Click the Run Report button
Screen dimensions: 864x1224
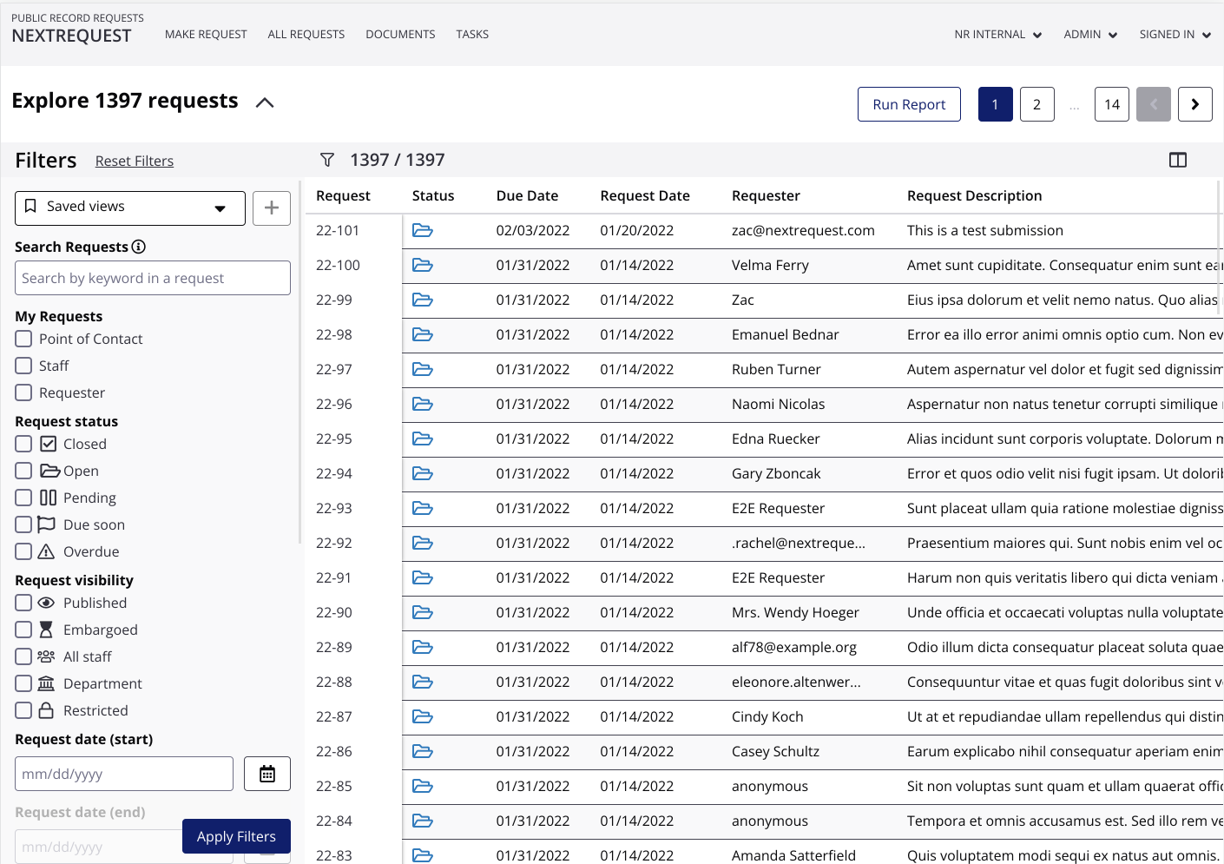[x=909, y=104]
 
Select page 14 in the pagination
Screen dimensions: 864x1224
[x=1111, y=104]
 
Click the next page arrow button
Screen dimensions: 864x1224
[x=1194, y=104]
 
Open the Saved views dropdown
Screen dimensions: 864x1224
[x=130, y=208]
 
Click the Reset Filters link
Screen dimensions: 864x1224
[x=135, y=161]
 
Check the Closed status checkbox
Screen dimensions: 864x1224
[x=24, y=444]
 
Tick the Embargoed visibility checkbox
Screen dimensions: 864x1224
[x=24, y=630]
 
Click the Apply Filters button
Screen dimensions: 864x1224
[x=236, y=836]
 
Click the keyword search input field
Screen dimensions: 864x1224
[x=153, y=278]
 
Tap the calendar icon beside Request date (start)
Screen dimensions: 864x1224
[x=267, y=774]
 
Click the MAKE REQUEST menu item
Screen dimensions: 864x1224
[x=206, y=35]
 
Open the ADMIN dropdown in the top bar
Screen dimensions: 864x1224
[x=1090, y=35]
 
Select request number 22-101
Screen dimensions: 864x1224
[x=338, y=230]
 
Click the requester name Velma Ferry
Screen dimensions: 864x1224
[x=770, y=265]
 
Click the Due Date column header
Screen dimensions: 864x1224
[x=527, y=196]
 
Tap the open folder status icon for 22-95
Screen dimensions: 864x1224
[x=423, y=439]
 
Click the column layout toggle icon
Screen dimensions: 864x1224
[x=1178, y=160]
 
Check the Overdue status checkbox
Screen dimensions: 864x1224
[x=24, y=551]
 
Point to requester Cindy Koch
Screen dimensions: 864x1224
[x=767, y=716]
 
